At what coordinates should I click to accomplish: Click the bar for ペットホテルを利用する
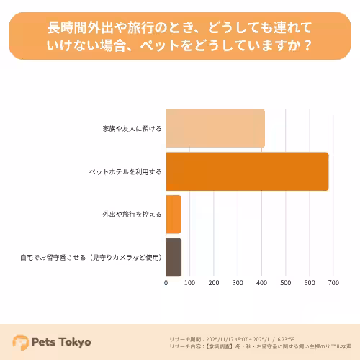(x=247, y=171)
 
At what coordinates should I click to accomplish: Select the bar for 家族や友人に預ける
(x=215, y=129)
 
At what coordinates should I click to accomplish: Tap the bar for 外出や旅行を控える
(x=174, y=214)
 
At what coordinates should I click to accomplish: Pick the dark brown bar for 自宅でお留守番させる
(x=174, y=257)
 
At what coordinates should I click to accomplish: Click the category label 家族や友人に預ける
(x=132, y=129)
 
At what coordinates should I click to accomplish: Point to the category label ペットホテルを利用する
(x=125, y=172)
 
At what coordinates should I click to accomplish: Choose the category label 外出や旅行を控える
(x=132, y=215)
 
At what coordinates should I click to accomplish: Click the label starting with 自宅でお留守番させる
(x=91, y=257)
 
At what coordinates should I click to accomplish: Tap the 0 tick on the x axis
(x=166, y=283)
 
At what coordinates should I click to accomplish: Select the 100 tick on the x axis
(x=189, y=283)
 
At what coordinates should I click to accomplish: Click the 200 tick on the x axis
(x=214, y=283)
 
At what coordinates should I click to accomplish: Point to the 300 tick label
(x=238, y=283)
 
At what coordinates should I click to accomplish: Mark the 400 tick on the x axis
(x=262, y=283)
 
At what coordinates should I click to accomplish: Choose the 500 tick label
(x=286, y=283)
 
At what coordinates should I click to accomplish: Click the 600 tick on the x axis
(x=310, y=283)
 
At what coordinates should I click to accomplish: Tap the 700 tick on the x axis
(x=333, y=283)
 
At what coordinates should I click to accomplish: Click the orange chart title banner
(x=180, y=36)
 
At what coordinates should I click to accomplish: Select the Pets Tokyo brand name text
(x=61, y=342)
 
